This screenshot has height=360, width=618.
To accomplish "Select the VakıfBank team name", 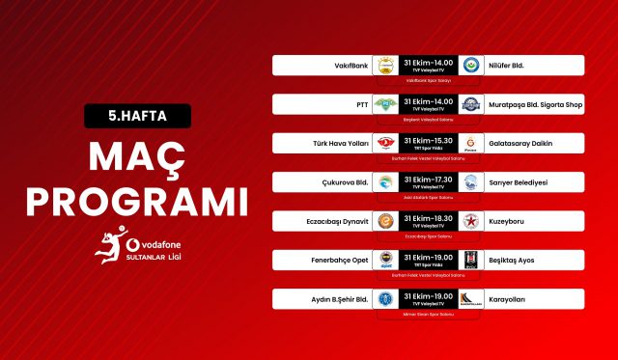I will (349, 66).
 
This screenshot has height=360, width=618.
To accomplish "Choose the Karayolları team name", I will (508, 299).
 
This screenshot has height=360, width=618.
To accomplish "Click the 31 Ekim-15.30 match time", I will (428, 139).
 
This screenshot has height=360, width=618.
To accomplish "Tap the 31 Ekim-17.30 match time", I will (428, 178).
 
